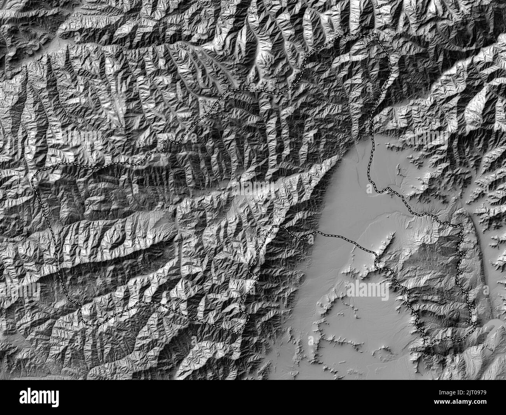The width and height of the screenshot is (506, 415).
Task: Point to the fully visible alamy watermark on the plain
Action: coord(367,290)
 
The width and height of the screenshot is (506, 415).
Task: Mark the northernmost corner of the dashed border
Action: coord(376,34)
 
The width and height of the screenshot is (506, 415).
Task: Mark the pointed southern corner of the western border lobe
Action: coord(236,332)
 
